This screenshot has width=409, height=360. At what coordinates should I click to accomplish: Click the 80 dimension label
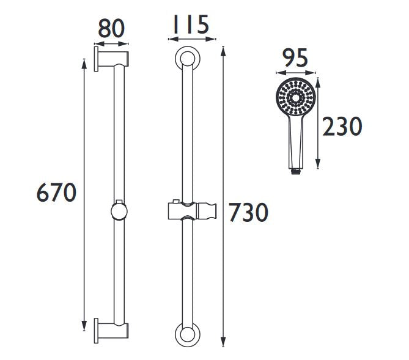click(x=111, y=28)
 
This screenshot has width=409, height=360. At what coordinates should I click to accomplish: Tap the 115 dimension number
click(x=191, y=24)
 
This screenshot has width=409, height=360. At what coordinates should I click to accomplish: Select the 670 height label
click(x=56, y=193)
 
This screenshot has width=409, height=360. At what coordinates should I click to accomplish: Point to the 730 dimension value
click(x=248, y=212)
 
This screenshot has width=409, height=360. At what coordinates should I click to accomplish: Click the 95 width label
click(x=295, y=58)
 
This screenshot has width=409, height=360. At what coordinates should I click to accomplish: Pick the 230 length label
click(x=342, y=127)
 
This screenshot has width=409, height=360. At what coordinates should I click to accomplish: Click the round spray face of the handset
click(x=296, y=98)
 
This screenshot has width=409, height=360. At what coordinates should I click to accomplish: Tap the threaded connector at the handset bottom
click(x=295, y=172)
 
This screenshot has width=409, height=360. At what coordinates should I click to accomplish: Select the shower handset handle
click(x=296, y=142)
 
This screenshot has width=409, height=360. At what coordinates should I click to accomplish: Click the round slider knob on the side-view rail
click(x=119, y=211)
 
